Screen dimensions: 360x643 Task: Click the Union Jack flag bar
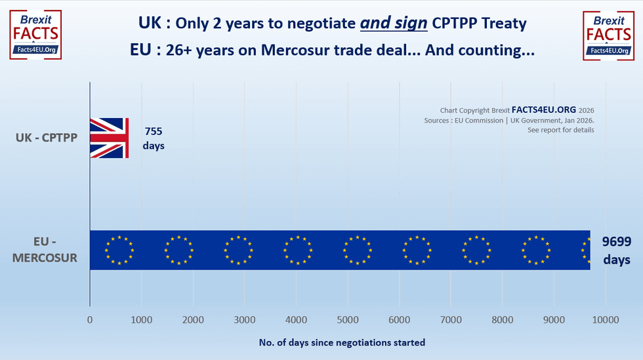click(109, 138)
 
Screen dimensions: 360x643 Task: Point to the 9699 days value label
click(617, 250)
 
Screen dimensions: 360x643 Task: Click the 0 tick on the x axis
click(90, 320)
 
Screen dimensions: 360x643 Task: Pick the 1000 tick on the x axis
click(141, 320)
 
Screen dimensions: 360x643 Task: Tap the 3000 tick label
click(244, 320)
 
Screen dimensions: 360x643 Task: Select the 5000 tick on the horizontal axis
click(347, 320)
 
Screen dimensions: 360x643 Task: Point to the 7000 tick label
click(450, 320)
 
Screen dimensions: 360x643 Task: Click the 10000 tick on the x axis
click(605, 320)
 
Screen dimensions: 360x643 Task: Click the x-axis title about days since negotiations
click(342, 342)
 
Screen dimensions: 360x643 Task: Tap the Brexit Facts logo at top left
click(35, 35)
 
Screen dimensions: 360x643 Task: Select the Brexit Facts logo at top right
click(608, 35)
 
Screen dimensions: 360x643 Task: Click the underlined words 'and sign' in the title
click(393, 23)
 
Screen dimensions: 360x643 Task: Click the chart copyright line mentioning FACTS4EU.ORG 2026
click(516, 111)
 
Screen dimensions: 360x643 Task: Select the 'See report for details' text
click(560, 130)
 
